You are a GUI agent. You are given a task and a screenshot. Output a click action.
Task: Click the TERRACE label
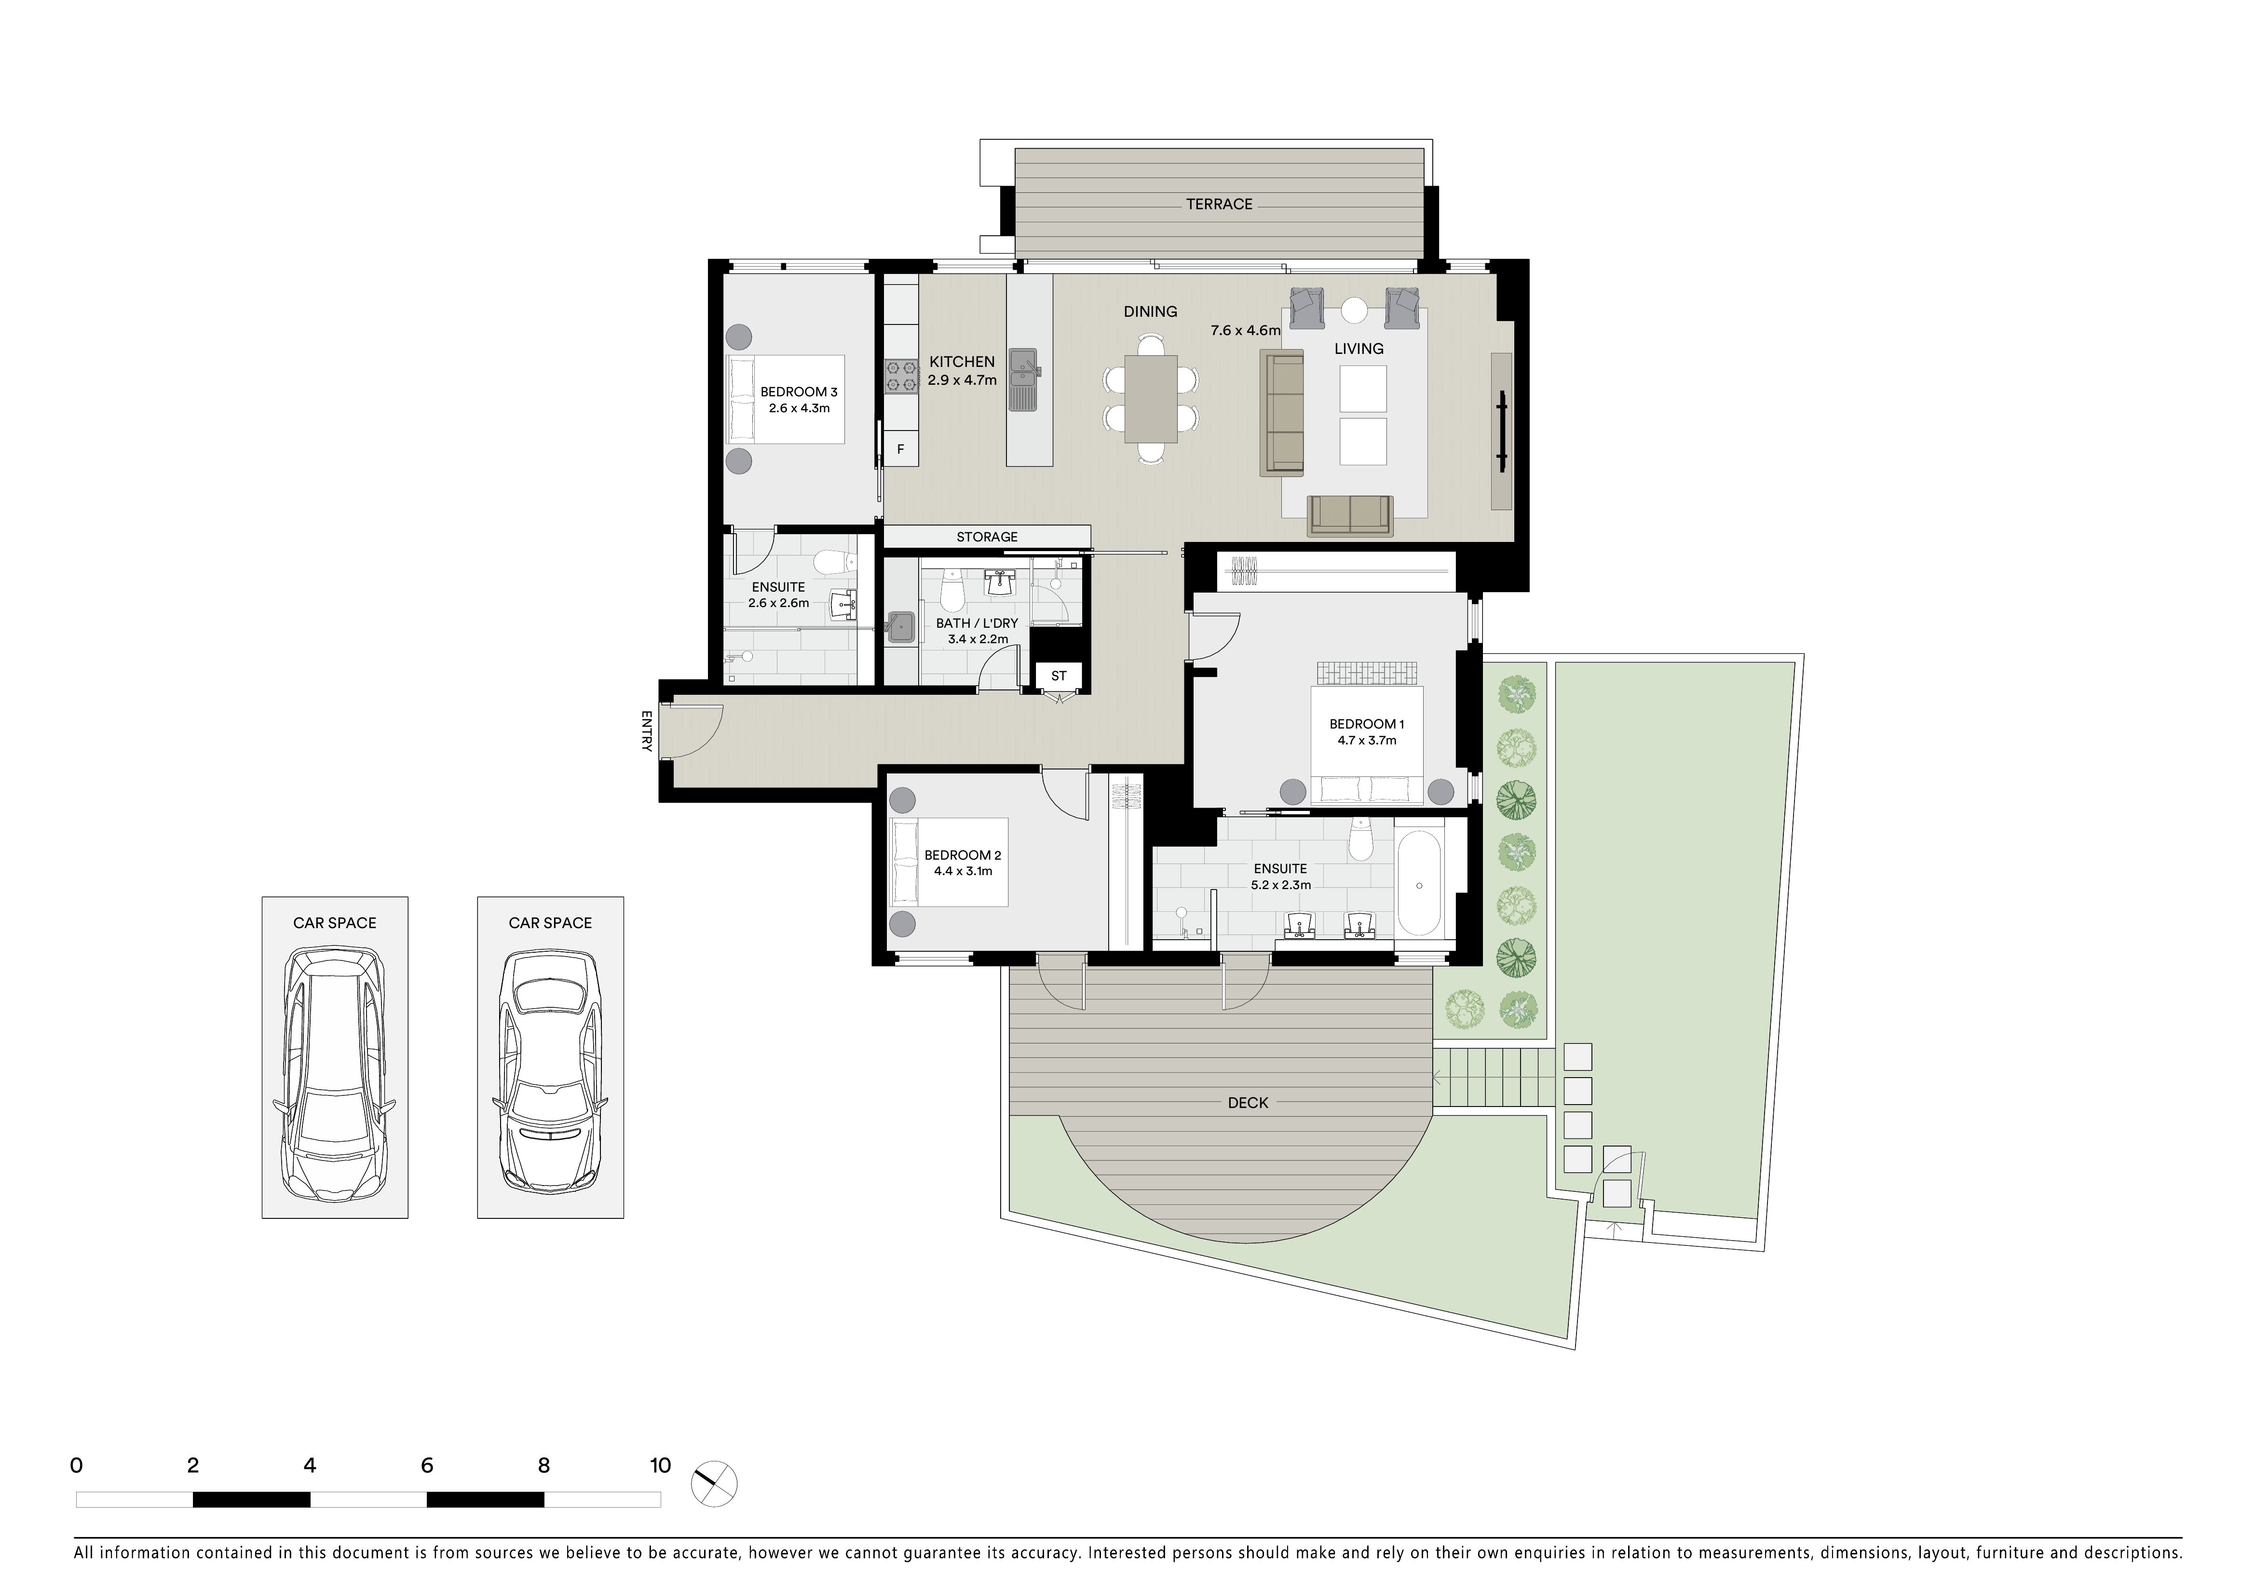coord(1218,204)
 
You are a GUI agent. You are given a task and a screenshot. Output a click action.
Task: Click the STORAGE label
coord(987,537)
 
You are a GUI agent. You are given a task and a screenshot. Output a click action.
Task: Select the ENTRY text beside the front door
coord(647,731)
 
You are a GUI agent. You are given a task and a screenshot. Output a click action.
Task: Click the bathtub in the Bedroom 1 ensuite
coord(1419,884)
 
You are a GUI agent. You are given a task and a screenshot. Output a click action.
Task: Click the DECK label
coord(1248,1103)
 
